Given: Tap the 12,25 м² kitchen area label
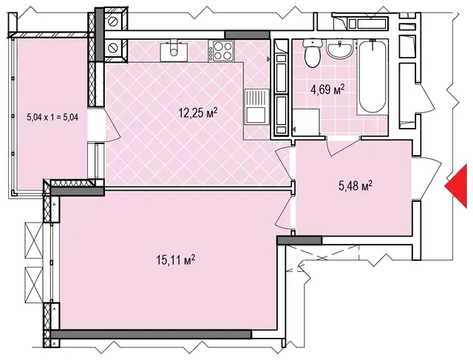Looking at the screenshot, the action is [198, 113].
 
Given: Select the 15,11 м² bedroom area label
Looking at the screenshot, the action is [176, 259].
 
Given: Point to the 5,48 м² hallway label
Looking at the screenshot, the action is [355, 186].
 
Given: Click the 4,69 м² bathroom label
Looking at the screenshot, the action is [327, 89].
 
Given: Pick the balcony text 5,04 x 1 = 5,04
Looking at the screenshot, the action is [52, 117].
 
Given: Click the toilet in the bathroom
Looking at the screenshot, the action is [312, 53].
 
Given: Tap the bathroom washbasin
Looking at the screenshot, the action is [340, 49].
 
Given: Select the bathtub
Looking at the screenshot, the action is [372, 77].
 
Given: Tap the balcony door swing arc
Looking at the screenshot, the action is [112, 124].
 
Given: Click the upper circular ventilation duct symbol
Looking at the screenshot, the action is [113, 21].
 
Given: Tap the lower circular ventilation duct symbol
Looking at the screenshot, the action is [113, 48].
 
